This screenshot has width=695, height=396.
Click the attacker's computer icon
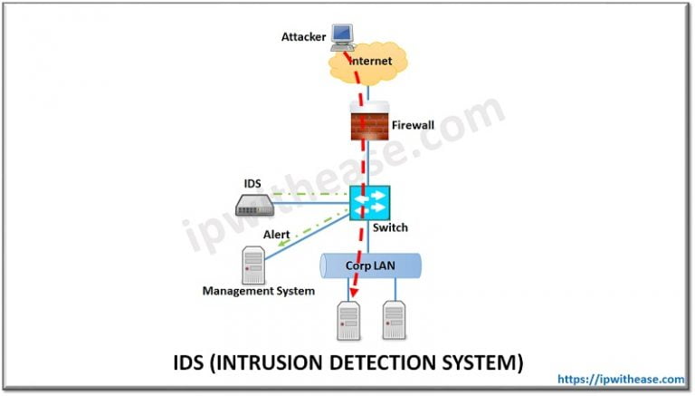(x=341, y=34)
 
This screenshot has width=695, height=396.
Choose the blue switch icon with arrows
(x=369, y=201)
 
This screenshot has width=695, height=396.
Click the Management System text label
(x=258, y=291)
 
